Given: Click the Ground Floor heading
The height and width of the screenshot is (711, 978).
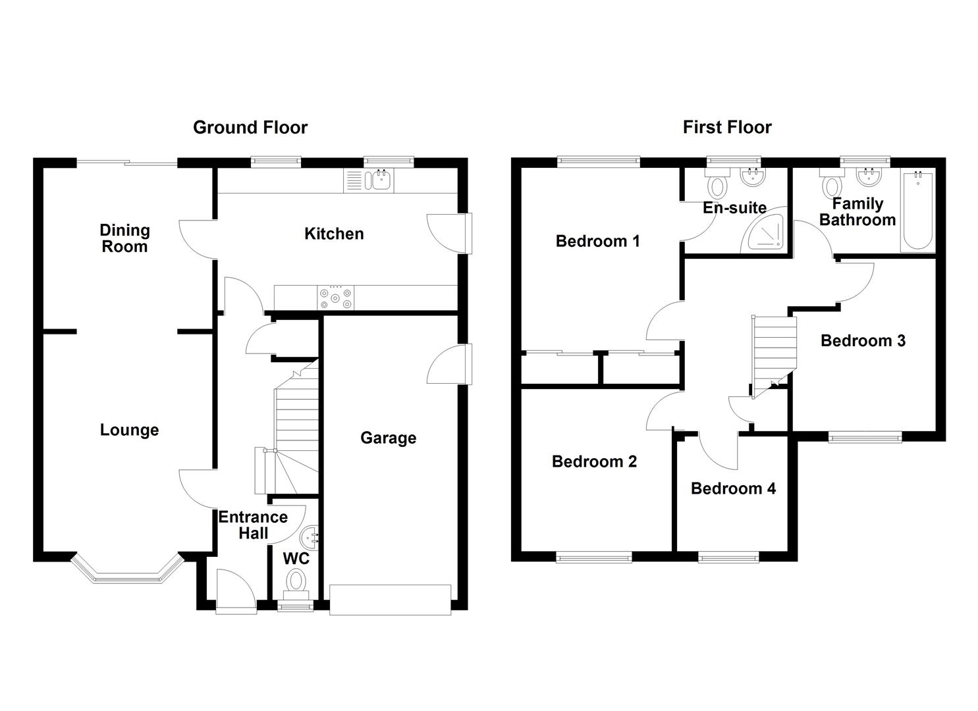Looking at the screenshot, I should pos(250,127).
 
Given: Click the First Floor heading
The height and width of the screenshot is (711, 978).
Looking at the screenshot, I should pos(726,127).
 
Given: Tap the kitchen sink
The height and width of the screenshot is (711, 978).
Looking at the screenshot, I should pos(380,180).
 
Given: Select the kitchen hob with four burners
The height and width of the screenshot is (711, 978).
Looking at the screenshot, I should pos(336,298).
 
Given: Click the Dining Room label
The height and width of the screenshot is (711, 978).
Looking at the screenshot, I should pos(124,238).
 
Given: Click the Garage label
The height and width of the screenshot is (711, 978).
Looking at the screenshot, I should pos(388,438).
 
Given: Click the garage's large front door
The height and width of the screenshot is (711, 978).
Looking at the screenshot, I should pos(390,599).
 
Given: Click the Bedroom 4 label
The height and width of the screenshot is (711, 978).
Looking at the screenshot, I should pos(733,488).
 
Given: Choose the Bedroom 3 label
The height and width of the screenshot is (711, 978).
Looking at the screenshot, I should pos(863,340).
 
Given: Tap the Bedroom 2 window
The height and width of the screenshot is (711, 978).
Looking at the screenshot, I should pos(593,558).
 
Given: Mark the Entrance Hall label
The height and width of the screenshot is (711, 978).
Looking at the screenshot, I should pos(253,525).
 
